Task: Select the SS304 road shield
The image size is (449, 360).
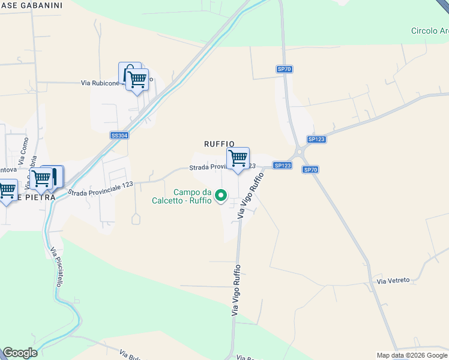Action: tap(119, 136)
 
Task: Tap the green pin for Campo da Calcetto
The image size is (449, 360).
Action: tap(221, 195)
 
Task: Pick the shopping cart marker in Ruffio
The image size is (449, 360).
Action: tap(238, 159)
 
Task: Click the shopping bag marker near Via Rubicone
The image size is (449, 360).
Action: tap(129, 72)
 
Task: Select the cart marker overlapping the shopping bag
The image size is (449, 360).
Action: tap(137, 80)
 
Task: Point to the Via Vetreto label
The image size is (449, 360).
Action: tap(393, 280)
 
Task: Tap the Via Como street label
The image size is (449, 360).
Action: tap(23, 154)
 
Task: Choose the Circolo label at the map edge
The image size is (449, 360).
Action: tap(429, 31)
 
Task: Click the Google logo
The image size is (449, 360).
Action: tap(20, 353)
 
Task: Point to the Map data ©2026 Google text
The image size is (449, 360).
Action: tap(412, 355)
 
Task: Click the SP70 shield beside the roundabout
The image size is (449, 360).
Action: tap(310, 170)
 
